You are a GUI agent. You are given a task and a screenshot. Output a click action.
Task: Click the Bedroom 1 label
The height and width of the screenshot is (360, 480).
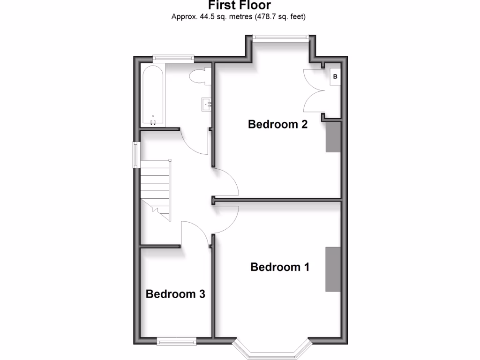coord(280,267)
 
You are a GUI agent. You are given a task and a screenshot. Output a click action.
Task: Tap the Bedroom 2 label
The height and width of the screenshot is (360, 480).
coord(277,124)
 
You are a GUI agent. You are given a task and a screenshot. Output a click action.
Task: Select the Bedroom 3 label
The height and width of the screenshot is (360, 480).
coord(175,294)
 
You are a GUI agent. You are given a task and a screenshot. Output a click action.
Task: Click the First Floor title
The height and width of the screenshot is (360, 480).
coord(240,6)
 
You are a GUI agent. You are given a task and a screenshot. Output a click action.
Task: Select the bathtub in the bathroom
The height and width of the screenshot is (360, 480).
coord(153,96)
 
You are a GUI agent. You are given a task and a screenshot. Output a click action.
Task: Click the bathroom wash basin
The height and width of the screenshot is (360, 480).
coord(206,104)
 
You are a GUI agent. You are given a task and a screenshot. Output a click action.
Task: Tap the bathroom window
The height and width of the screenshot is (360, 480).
coord(173,58)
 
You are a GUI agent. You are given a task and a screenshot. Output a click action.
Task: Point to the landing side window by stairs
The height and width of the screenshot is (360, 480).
coord(136,154)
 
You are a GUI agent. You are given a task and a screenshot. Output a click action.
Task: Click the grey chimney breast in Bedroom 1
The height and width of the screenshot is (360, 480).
coord(333,269)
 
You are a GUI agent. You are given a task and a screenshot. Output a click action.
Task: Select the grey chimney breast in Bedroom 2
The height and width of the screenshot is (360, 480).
coord(333,136)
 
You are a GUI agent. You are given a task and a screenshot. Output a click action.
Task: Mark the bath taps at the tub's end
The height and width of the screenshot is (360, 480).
coord(153,122)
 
